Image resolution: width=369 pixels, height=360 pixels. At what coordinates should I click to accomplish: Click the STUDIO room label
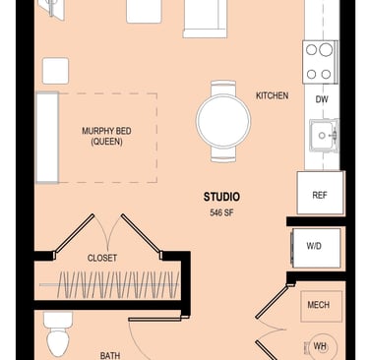[x=221, y=197]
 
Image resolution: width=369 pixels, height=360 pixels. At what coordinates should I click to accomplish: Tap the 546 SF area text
[x=221, y=212]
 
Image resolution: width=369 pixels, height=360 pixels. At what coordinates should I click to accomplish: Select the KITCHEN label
[x=273, y=95]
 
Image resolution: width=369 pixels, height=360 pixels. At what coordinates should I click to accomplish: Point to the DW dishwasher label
[x=322, y=99]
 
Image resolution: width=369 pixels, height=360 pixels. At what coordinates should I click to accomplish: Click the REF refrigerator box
[x=320, y=193]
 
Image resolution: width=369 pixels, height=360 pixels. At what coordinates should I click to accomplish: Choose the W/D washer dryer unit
[x=316, y=248]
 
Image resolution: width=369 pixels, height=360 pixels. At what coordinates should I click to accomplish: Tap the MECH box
[x=321, y=306]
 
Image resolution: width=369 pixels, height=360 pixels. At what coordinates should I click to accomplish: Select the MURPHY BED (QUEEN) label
[x=106, y=136]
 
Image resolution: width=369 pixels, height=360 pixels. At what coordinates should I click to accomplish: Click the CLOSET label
[x=102, y=258]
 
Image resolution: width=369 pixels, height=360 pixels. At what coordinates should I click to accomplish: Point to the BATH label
[x=110, y=355]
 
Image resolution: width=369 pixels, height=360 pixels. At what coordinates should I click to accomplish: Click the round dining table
[x=223, y=121]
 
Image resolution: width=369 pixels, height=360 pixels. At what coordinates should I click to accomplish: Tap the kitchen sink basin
[x=324, y=135]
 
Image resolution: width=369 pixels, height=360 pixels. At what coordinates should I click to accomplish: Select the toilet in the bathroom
[x=58, y=334]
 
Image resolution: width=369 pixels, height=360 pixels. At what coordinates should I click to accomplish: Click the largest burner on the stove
[x=326, y=50]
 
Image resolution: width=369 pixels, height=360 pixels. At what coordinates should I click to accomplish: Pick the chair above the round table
[x=223, y=88]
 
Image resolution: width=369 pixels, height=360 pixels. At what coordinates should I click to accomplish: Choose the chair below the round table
[x=223, y=154]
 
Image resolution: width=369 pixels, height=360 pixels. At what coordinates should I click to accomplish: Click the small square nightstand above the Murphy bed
[x=55, y=71]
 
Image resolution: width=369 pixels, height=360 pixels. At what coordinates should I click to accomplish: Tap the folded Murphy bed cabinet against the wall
[x=47, y=138]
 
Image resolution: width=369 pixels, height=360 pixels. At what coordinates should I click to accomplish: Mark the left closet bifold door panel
[x=74, y=234]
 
